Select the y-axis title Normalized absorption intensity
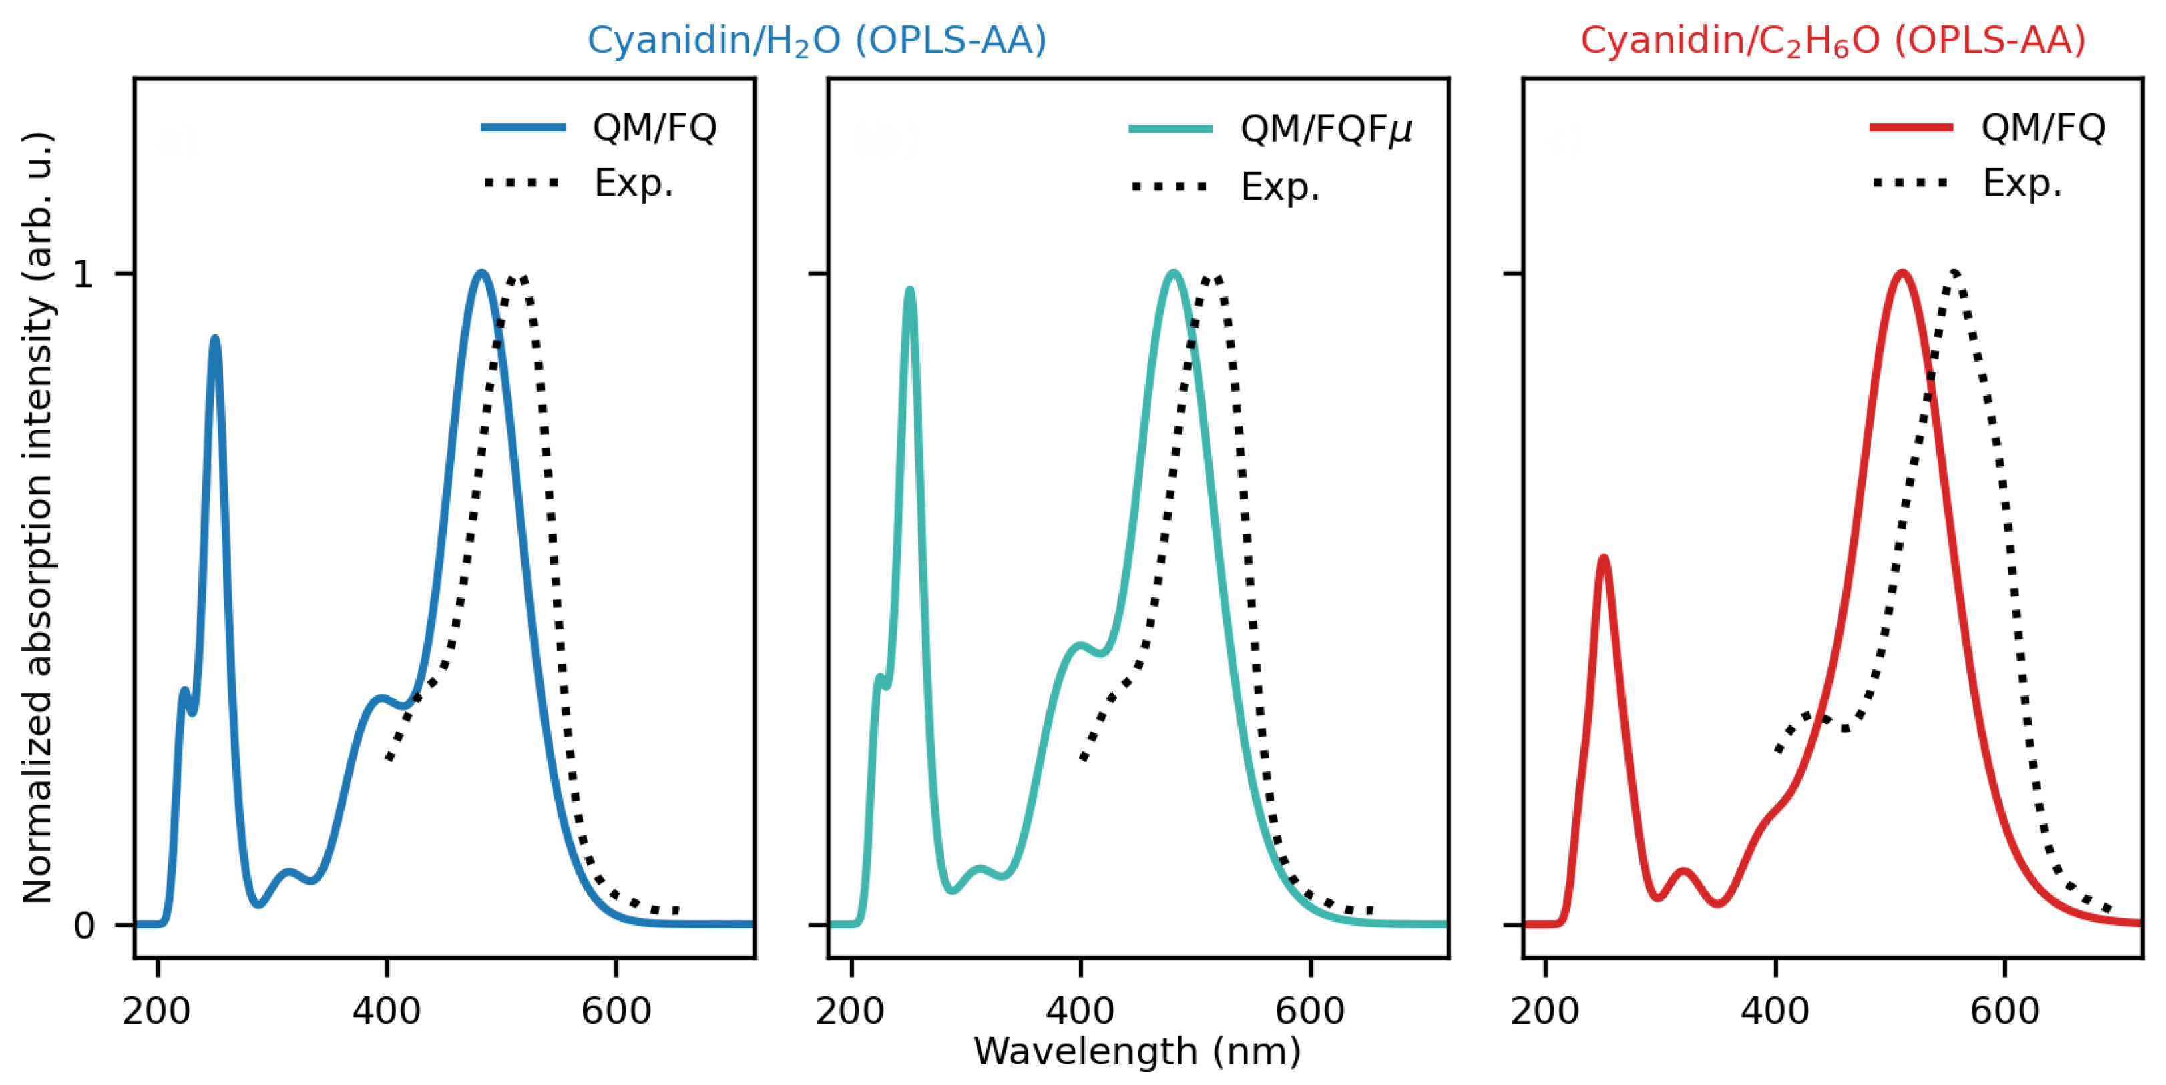38,518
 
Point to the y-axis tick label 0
83,926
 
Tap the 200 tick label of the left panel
156,1010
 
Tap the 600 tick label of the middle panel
1310,1010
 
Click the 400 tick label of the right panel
1775,1010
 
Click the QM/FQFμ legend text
1325,129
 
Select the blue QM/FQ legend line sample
523,127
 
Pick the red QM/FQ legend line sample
1911,127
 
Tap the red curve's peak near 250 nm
1604,558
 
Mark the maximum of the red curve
1902,273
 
